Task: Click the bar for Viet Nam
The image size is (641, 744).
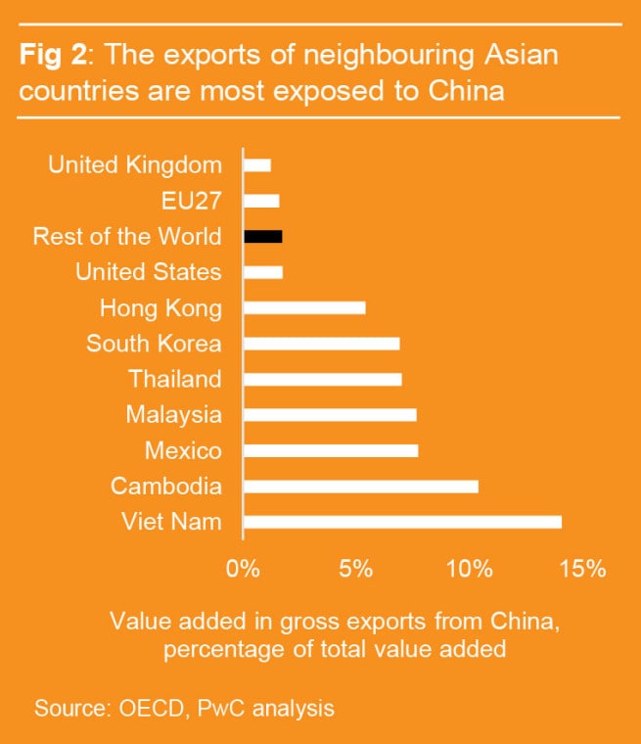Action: click(402, 522)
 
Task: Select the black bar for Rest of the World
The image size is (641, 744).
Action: click(262, 236)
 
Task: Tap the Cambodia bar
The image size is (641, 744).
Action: click(360, 487)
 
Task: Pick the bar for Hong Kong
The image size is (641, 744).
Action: click(304, 307)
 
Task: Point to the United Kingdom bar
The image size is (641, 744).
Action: click(256, 165)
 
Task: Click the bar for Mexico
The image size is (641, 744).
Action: click(331, 450)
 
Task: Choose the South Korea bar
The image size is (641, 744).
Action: click(321, 344)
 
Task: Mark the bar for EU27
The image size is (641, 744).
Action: click(261, 201)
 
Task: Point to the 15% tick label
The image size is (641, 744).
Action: click(584, 568)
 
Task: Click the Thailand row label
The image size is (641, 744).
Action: click(175, 379)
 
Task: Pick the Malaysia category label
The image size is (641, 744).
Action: click(173, 415)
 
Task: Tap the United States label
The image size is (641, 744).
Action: click(149, 272)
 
